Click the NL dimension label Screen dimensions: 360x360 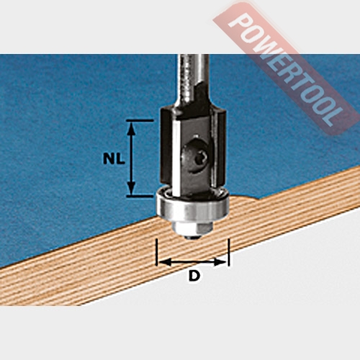[x=114, y=158]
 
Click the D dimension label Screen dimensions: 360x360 [x=194, y=276]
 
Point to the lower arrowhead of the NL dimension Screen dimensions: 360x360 [x=131, y=188]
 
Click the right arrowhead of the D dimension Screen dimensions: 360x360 [x=220, y=262]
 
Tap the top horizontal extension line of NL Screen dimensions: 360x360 [x=140, y=120]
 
